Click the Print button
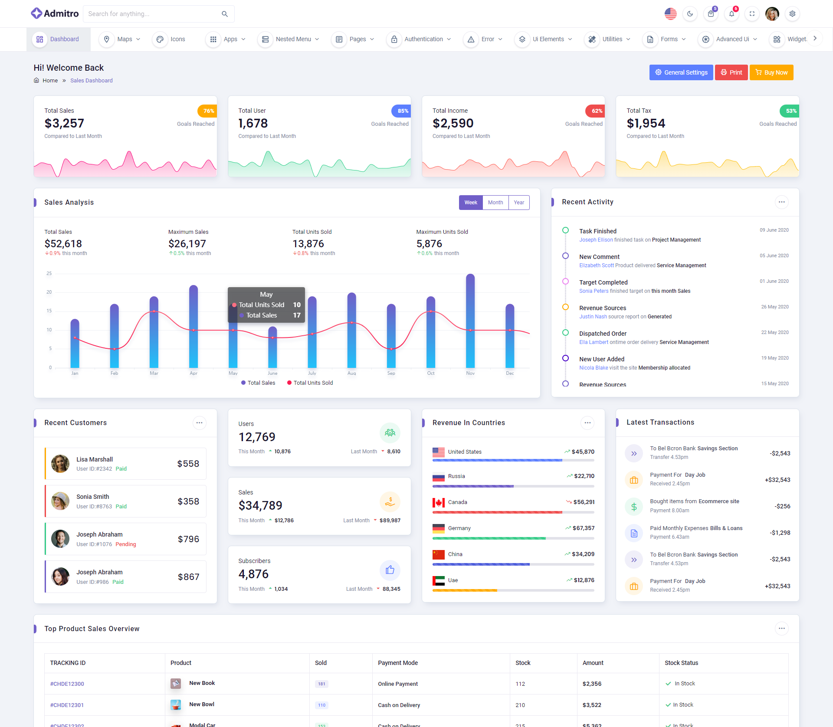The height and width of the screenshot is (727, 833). [x=731, y=72]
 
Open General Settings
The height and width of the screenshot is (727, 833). [x=681, y=72]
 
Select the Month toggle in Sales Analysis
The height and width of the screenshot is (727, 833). [x=495, y=203]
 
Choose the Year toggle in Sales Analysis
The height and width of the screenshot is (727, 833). [x=519, y=203]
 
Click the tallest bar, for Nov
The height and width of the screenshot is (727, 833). [x=470, y=321]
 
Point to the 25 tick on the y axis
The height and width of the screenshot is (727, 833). [x=49, y=274]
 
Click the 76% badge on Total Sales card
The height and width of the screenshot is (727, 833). [x=207, y=111]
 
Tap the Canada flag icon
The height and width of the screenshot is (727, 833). [x=438, y=502]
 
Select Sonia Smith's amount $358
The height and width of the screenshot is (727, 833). [x=188, y=501]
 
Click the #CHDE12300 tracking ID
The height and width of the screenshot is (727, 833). [x=67, y=684]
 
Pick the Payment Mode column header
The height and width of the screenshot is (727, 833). [x=398, y=663]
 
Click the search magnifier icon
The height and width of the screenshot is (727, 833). [x=225, y=14]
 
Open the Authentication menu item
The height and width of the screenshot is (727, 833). [x=423, y=39]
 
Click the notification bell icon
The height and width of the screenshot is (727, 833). [x=731, y=14]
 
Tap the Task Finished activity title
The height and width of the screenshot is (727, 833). [x=597, y=231]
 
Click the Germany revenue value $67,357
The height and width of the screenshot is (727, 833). [x=583, y=528]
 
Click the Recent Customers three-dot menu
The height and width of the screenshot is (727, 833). [x=199, y=423]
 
